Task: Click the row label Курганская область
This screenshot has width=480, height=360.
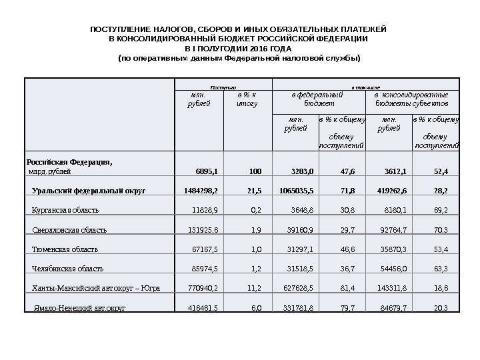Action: (x=65, y=210)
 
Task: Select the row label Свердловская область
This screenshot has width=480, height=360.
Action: (x=69, y=230)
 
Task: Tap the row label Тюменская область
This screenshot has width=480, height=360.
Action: (x=65, y=249)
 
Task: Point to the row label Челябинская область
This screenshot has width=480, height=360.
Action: (x=68, y=269)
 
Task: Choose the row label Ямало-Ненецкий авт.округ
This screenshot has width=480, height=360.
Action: (x=79, y=309)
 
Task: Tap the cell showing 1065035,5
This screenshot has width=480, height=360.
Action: (x=297, y=191)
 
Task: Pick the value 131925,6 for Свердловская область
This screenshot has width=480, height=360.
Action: (x=203, y=230)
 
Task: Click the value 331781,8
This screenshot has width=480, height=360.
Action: (x=301, y=309)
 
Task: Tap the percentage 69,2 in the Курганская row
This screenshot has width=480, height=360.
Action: (x=441, y=210)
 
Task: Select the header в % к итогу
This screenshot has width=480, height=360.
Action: (x=247, y=99)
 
